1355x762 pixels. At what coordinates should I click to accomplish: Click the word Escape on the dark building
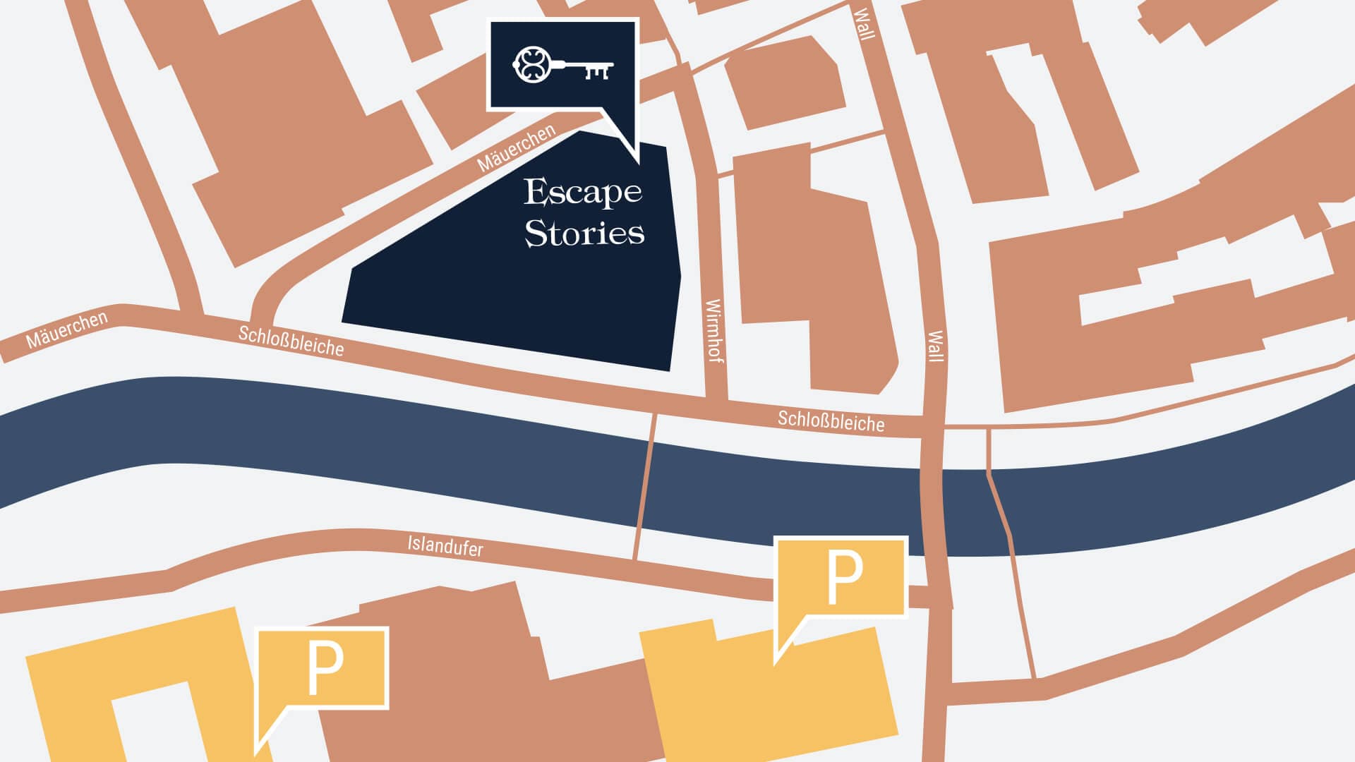(x=582, y=192)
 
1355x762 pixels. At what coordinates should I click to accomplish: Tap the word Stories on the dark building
(x=584, y=233)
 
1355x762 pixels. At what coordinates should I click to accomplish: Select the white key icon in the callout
(x=562, y=66)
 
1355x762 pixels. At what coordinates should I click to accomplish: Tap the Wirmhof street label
(x=714, y=330)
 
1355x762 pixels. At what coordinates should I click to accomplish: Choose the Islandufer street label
(x=445, y=545)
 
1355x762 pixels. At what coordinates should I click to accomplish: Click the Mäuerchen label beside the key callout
(x=516, y=148)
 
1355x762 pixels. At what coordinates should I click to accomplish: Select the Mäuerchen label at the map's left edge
(x=67, y=329)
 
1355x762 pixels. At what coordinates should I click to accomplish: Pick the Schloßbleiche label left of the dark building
(x=291, y=341)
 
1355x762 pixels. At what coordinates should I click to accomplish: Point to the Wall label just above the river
(x=935, y=346)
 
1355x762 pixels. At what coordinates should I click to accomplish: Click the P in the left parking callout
(x=325, y=668)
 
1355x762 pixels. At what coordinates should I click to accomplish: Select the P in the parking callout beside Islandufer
(x=844, y=578)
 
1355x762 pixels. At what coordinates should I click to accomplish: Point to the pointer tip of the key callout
(x=638, y=163)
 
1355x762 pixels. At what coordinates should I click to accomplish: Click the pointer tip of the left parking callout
(x=256, y=753)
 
